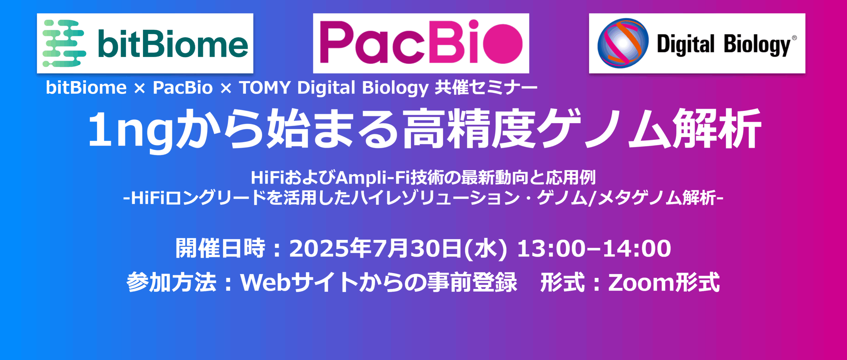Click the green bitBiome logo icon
coord(64,43)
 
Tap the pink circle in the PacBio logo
coord(503,44)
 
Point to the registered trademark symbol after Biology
coord(794,38)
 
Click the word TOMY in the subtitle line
coord(265,88)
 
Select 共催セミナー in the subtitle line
coord(486,88)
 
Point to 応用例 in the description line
coord(570,177)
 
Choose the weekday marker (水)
coord(486,249)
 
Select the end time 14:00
coord(637,248)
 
